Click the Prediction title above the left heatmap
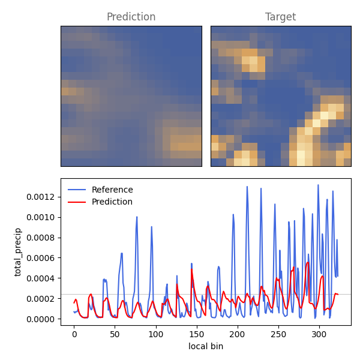tap(131, 17)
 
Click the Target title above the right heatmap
tap(281, 17)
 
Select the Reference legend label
tap(112, 190)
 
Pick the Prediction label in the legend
tap(112, 202)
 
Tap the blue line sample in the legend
tap(77, 190)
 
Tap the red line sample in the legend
tap(77, 202)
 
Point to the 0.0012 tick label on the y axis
tap(41, 197)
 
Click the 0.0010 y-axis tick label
tap(41, 217)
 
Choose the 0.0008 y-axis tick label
tap(41, 238)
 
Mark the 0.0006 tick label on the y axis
tap(41, 258)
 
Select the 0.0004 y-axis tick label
tap(41, 278)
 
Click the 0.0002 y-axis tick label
tap(41, 299)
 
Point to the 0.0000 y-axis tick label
tap(41, 319)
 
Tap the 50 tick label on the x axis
tap(115, 334)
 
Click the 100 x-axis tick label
tap(156, 334)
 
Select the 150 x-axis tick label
tap(197, 334)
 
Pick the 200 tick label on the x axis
tap(238, 334)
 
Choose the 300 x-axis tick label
tap(319, 334)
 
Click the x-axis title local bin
tap(206, 346)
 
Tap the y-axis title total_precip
tap(17, 252)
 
